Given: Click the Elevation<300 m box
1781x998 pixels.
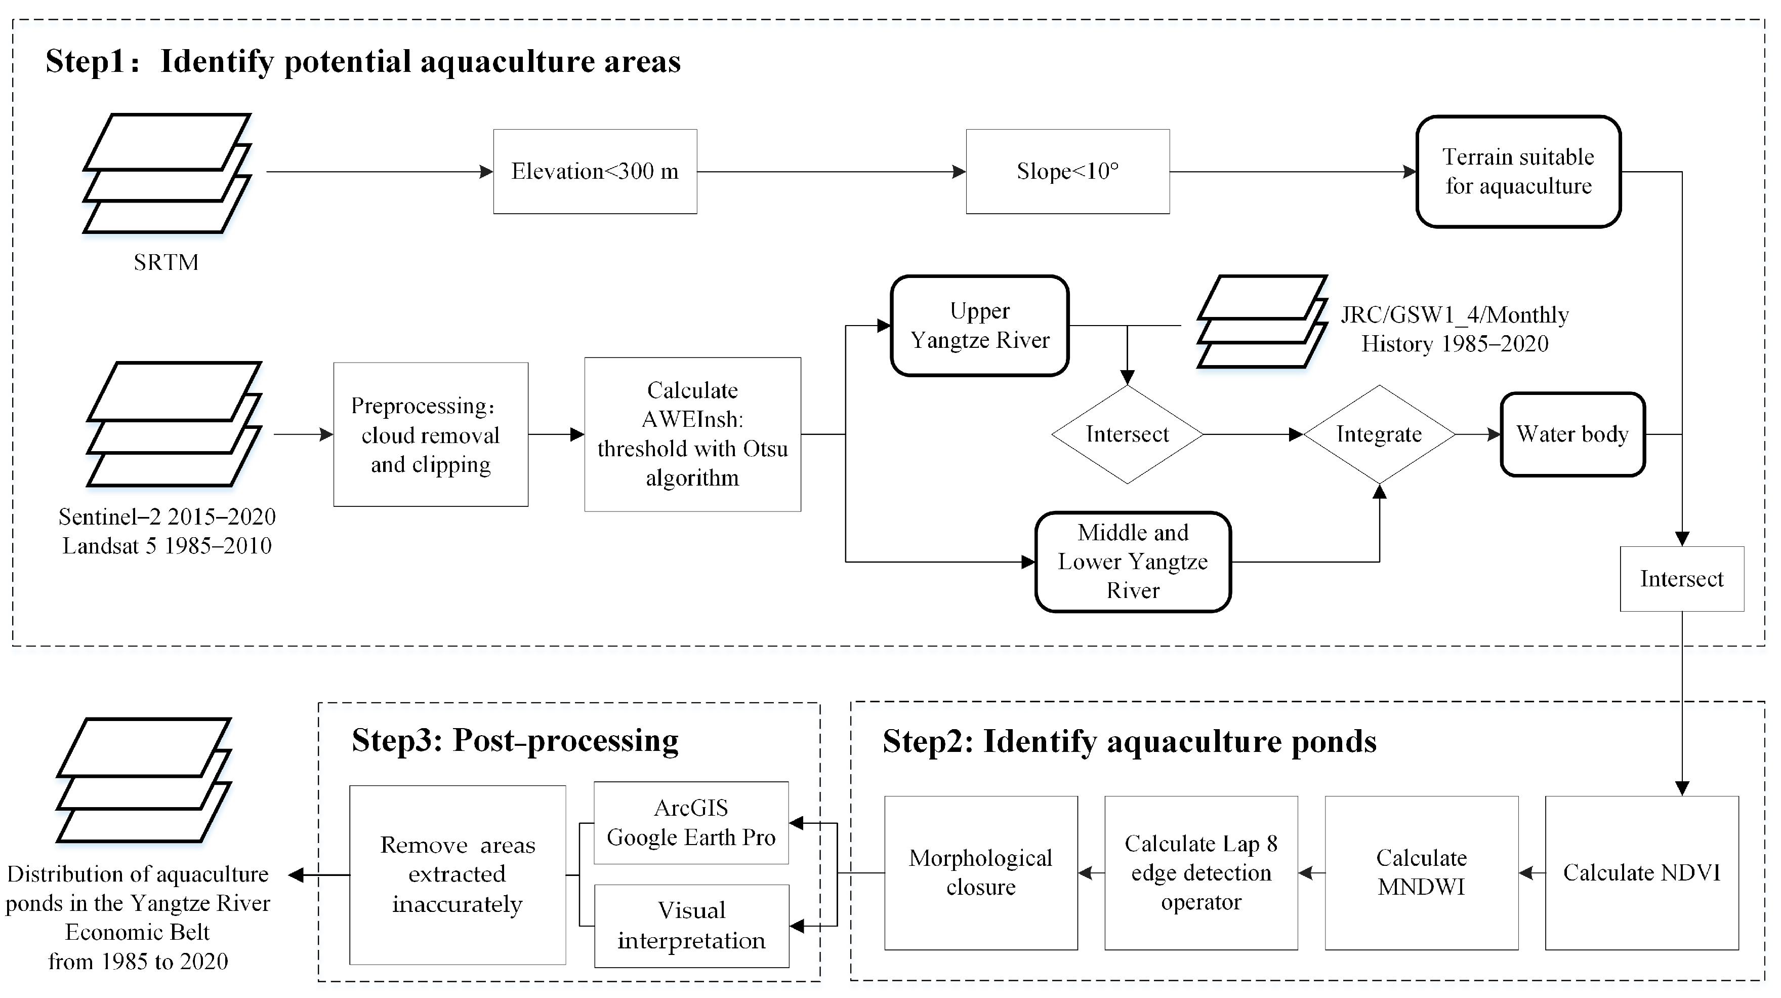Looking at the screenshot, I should [595, 172].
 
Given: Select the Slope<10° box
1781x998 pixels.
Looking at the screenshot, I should [1067, 172].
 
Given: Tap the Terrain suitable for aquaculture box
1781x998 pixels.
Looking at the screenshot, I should [1518, 172].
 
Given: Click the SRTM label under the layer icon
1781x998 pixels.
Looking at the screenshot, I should [166, 262].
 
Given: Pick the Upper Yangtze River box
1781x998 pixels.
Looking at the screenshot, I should [980, 326].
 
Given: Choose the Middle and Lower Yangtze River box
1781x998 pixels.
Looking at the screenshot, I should [1133, 562].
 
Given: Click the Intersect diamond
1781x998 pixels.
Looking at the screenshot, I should [1127, 434].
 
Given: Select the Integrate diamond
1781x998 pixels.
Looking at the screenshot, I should [1379, 434].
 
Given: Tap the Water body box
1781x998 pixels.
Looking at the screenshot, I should [1572, 434].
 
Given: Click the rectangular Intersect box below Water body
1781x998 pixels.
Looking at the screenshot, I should [1681, 579].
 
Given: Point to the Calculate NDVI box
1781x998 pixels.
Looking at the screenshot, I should [1641, 873].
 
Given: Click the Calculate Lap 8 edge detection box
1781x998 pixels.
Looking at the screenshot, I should [1201, 873].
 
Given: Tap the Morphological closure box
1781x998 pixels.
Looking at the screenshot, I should [980, 873].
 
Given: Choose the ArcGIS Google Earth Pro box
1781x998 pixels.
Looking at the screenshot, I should [691, 823].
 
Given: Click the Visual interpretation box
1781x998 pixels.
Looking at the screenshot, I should [691, 926].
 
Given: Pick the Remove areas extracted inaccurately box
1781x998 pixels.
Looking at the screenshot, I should [457, 875].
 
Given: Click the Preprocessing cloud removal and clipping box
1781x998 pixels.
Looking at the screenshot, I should [430, 434].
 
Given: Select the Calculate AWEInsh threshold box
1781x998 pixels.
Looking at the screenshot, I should [692, 434].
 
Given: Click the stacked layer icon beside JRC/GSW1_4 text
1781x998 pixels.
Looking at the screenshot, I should [1261, 323].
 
